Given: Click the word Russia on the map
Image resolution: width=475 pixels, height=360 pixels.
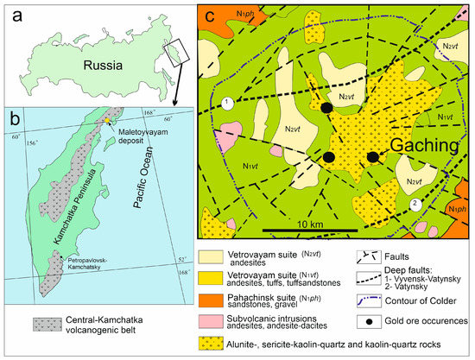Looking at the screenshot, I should [x=88, y=65].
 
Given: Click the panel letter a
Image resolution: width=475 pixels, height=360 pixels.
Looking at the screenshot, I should [x=12, y=11].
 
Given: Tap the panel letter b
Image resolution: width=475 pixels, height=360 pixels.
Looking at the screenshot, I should [x=10, y=118].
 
